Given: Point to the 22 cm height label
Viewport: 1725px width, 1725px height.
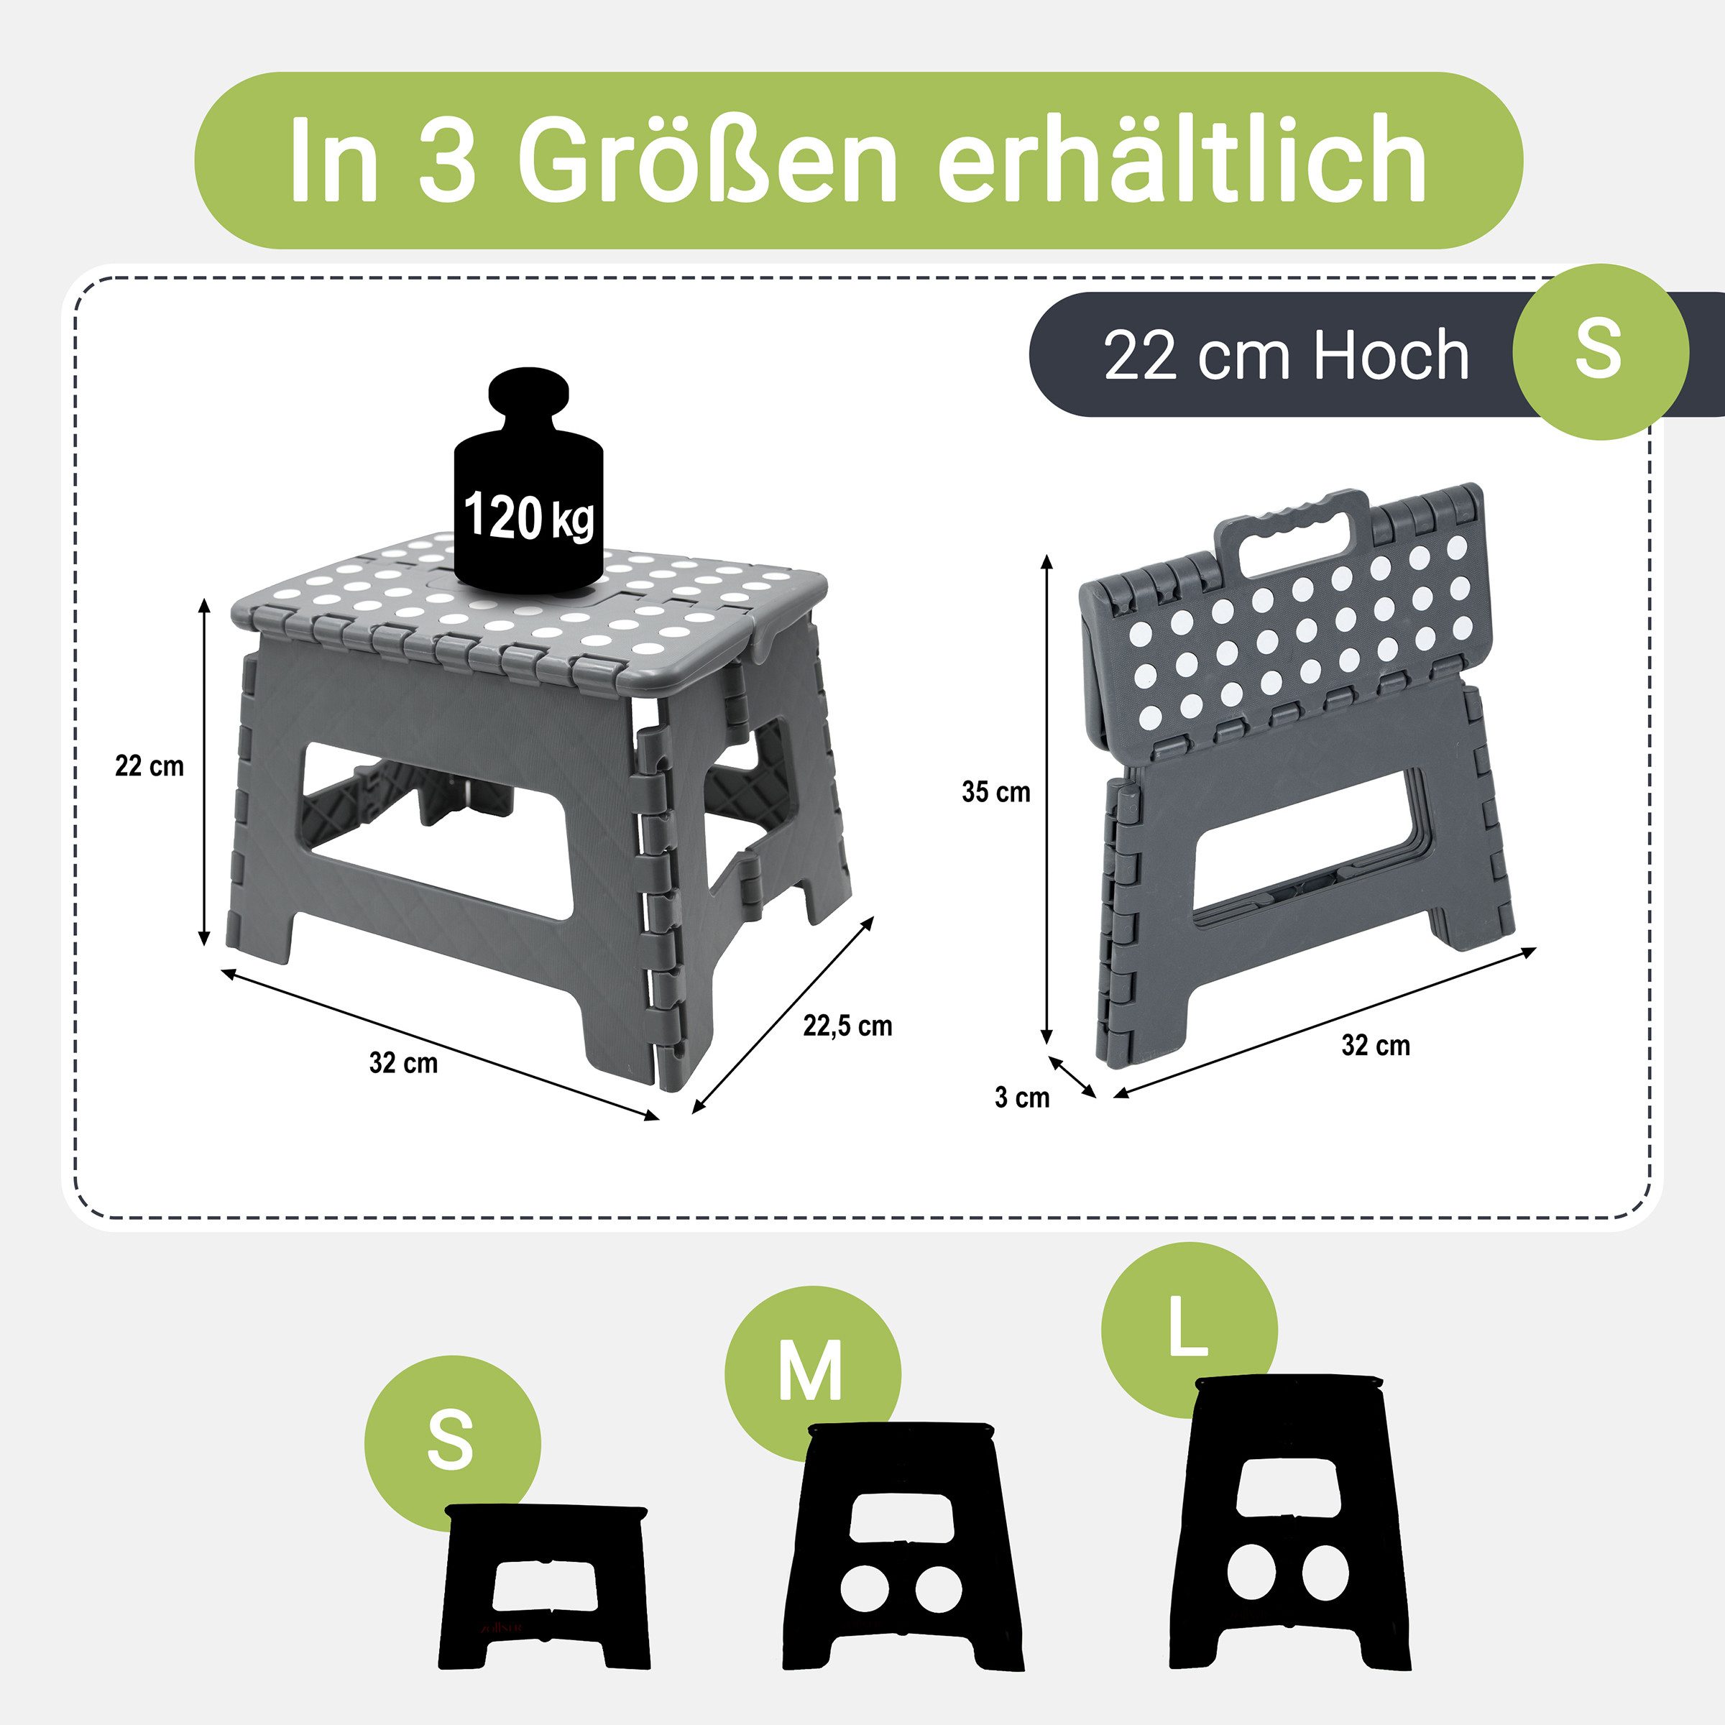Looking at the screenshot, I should click(x=149, y=766).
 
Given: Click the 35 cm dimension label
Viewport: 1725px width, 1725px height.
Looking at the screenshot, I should click(x=995, y=792).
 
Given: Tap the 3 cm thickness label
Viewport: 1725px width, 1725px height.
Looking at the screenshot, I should click(x=1021, y=1098).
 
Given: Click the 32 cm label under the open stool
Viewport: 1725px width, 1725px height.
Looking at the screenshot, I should click(x=403, y=1064).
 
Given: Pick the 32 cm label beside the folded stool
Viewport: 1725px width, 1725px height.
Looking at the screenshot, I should click(x=1376, y=1046).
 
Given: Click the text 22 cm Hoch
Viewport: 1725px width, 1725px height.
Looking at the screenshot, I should click(x=1286, y=355).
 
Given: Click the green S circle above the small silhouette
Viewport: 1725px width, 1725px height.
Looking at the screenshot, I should click(x=451, y=1442).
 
